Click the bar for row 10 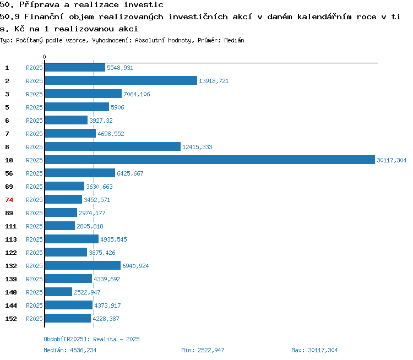pyautogui.click(x=210, y=160)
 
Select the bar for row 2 pyautogui.click(x=121, y=80)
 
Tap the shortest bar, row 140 pyautogui.click(x=58, y=292)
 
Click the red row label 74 pyautogui.click(x=9, y=200)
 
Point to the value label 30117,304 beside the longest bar pyautogui.click(x=392, y=160)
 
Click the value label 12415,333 pyautogui.click(x=197, y=147)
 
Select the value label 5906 pyautogui.click(x=117, y=107)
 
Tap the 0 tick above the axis pyautogui.click(x=44, y=57)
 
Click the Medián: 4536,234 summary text pyautogui.click(x=70, y=350)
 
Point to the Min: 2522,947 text pyautogui.click(x=203, y=350)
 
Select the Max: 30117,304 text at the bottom pyautogui.click(x=314, y=350)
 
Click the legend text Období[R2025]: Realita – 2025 pyautogui.click(x=91, y=339)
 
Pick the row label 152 pyautogui.click(x=11, y=319)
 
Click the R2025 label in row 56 pyautogui.click(x=34, y=173)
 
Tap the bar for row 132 pyautogui.click(x=83, y=265)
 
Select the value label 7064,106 pyautogui.click(x=137, y=94)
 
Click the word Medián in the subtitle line pyautogui.click(x=234, y=40)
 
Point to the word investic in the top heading pyautogui.click(x=144, y=5)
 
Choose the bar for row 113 pyautogui.click(x=72, y=239)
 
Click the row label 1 pyautogui.click(x=7, y=68)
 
